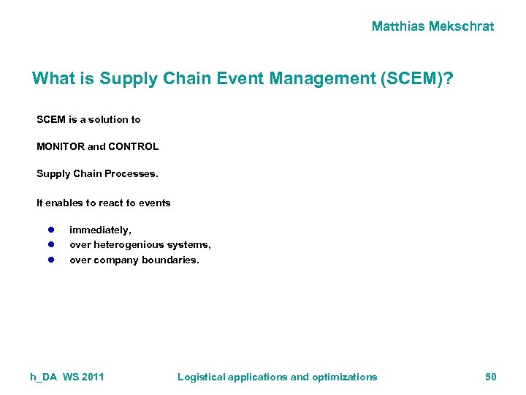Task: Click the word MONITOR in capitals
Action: pyautogui.click(x=60, y=146)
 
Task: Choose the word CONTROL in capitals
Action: pyautogui.click(x=134, y=146)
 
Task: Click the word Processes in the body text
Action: pyautogui.click(x=131, y=174)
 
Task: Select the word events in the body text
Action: pyautogui.click(x=154, y=203)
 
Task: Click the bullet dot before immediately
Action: pyautogui.click(x=52, y=230)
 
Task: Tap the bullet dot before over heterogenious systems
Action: pyautogui.click(x=52, y=244)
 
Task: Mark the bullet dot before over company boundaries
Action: pyautogui.click(x=52, y=260)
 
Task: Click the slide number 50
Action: pyautogui.click(x=490, y=377)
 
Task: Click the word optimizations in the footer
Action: pyautogui.click(x=345, y=377)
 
